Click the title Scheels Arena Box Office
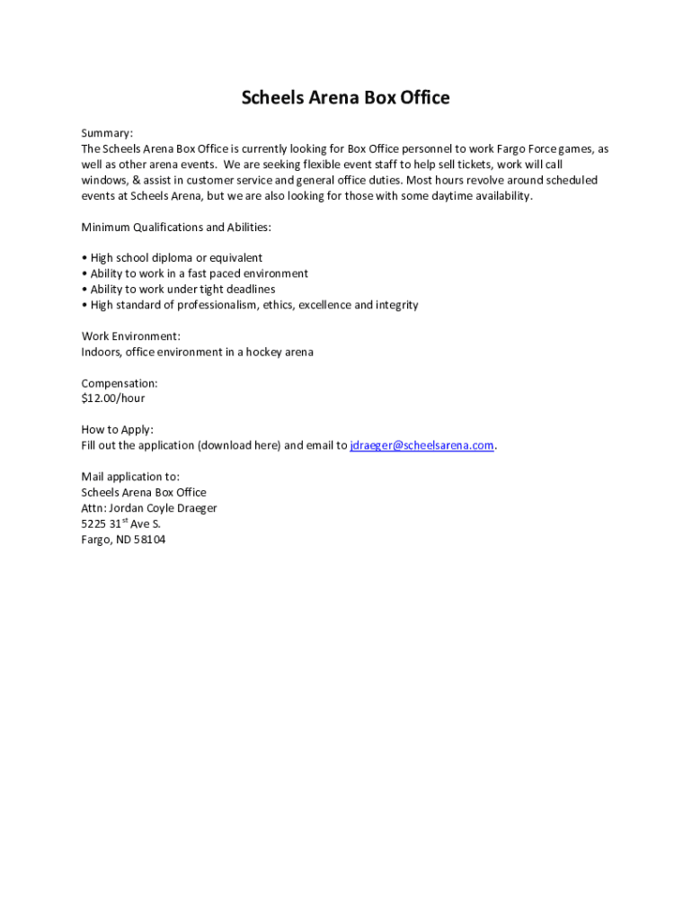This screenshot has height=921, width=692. pyautogui.click(x=345, y=97)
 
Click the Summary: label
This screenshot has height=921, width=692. pyautogui.click(x=107, y=133)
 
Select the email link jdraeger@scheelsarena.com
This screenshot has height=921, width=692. pyautogui.click(x=421, y=445)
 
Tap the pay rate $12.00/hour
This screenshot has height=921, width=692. pyautogui.click(x=112, y=398)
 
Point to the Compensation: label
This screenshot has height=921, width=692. pyautogui.click(x=120, y=383)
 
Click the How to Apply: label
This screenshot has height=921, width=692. pyautogui.click(x=117, y=430)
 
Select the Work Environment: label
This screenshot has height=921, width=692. pyautogui.click(x=131, y=336)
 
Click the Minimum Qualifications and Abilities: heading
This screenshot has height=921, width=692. pyautogui.click(x=176, y=227)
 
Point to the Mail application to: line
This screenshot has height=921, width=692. pyautogui.click(x=130, y=477)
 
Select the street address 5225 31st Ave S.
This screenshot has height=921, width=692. pyautogui.click(x=120, y=523)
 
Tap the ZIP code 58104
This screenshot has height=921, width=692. pyautogui.click(x=150, y=540)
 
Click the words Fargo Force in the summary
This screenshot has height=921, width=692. pyautogui.click(x=527, y=149)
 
